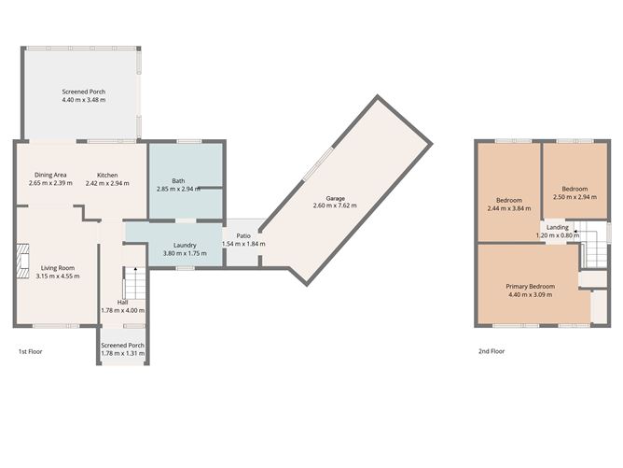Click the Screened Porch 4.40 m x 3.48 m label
(84, 95)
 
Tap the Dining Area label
(50, 179)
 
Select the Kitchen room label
(113, 179)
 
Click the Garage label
(335, 199)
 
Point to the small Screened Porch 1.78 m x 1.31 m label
(122, 348)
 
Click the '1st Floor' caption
(30, 352)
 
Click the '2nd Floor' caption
(491, 352)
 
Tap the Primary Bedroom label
(530, 290)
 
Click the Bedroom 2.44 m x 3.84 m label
(508, 204)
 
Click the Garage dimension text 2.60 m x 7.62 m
(335, 206)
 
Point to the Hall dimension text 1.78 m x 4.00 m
(122, 310)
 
